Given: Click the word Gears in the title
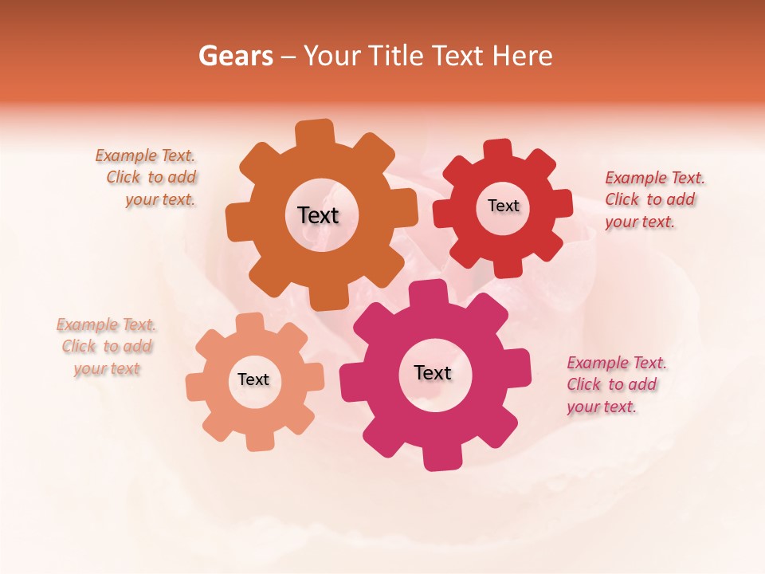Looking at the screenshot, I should coord(235,56).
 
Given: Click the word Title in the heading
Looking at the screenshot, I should coord(398,56).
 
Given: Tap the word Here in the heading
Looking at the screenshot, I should coord(523,56).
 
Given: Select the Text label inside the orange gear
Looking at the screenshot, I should coord(318,215).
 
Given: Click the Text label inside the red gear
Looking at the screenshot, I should coord(503,206).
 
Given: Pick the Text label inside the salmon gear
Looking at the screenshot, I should coord(253,379).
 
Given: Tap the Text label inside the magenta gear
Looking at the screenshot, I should coord(433,372).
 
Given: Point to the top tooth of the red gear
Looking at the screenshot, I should coord(498,150).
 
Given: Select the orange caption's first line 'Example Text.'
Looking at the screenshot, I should coord(145,155).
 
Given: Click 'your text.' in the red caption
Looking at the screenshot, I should coord(639,222).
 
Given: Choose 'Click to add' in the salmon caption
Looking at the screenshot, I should coord(107,347).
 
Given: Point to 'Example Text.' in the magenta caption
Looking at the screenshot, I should coord(617,363).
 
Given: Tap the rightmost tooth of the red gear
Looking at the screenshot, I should coord(563,203).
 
